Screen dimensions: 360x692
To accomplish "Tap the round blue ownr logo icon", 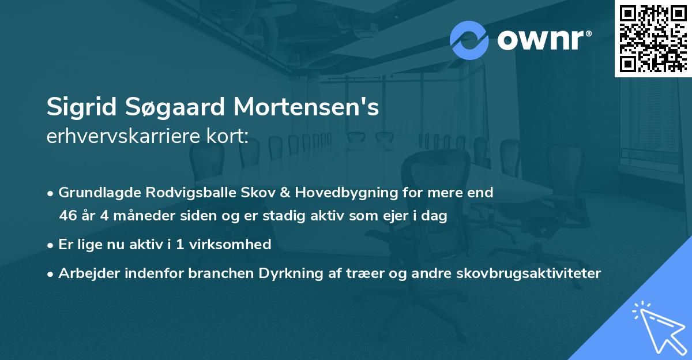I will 469,40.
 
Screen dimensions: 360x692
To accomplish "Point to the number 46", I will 67,216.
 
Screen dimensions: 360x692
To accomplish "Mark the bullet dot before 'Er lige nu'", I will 51,245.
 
